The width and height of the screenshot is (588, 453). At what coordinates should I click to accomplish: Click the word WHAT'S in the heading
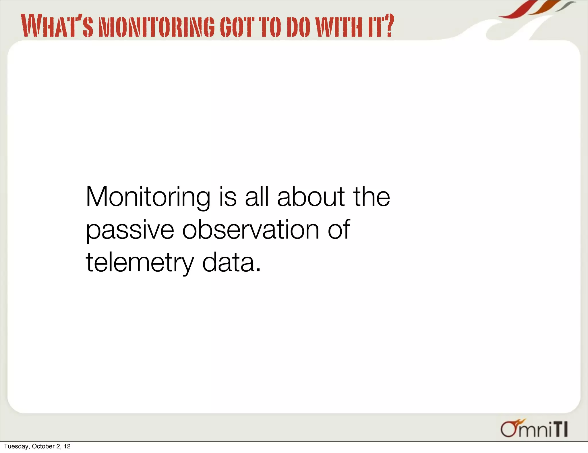(x=57, y=26)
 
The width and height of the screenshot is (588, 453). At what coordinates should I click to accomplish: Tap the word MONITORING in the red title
(x=156, y=27)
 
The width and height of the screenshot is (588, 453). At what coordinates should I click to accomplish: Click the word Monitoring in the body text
(x=148, y=197)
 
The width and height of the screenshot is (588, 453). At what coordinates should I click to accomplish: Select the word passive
(x=130, y=230)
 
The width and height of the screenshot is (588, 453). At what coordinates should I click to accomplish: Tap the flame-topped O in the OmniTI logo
(x=509, y=429)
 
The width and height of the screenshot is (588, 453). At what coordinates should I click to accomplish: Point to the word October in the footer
(x=43, y=446)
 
